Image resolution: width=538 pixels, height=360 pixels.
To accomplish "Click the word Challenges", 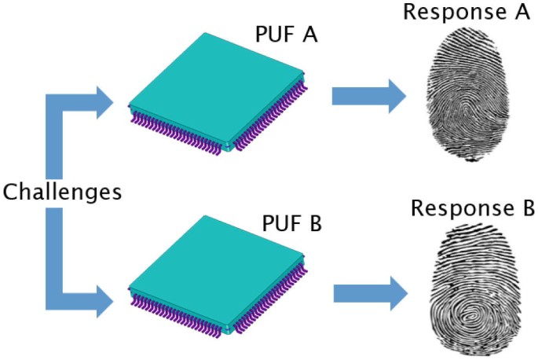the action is point(62,191).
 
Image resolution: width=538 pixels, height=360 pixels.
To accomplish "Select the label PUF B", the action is point(291,226).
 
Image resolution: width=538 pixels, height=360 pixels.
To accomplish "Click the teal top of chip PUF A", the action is point(216,86).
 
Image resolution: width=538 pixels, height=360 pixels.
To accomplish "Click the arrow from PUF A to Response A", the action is point(368,97).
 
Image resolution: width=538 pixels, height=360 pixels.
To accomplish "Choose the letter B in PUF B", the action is point(316,226).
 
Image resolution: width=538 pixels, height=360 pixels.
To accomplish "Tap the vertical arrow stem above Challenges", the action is point(54,141).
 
